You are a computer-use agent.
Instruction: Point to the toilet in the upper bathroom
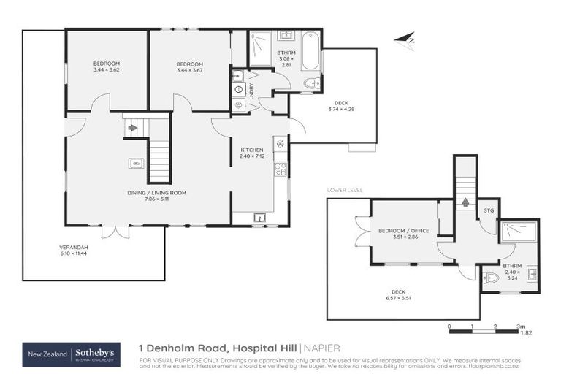tap(311, 83)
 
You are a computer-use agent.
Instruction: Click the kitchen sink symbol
tap(259, 217)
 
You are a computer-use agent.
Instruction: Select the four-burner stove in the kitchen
tap(280, 169)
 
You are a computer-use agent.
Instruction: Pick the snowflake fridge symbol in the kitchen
tap(280, 143)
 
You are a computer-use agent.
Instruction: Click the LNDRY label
tap(251, 91)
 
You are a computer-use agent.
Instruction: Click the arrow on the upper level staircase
tap(132, 128)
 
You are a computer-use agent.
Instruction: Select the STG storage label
tap(489, 211)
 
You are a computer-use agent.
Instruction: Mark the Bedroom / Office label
tap(404, 231)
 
